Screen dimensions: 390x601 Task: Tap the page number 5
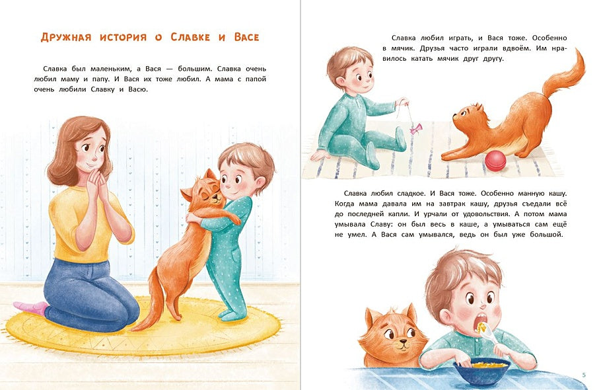[584, 375]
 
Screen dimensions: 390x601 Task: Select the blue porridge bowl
[489, 371]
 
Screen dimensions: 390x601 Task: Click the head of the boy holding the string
[348, 73]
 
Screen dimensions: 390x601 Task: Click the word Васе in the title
[246, 37]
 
